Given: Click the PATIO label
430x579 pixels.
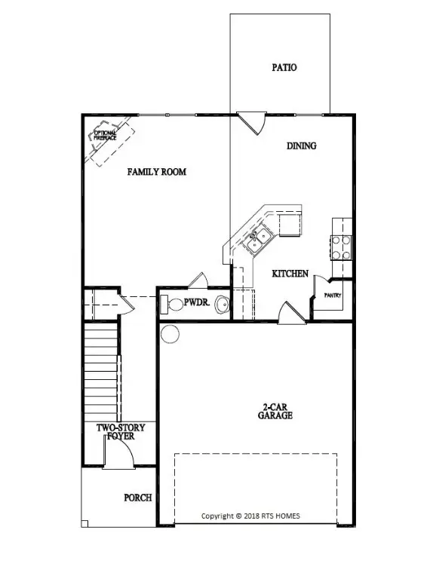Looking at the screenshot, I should (x=284, y=68).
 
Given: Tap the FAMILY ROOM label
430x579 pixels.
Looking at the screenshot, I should (x=156, y=172).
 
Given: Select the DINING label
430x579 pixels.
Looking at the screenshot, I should (x=301, y=146).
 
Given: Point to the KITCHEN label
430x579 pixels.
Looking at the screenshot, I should (x=290, y=273).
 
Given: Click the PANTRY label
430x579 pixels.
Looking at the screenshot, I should (x=332, y=296).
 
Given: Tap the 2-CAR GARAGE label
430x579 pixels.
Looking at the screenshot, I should (x=275, y=411).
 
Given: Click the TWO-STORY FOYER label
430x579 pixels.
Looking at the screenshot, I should (x=121, y=431).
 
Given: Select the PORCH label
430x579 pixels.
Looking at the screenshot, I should (x=138, y=498).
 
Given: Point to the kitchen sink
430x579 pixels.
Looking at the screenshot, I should (x=260, y=240).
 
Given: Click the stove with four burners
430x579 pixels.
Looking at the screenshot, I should (x=342, y=247).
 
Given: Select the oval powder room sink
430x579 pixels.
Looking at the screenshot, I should (x=222, y=305).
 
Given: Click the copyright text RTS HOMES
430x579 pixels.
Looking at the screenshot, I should (x=250, y=516).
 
